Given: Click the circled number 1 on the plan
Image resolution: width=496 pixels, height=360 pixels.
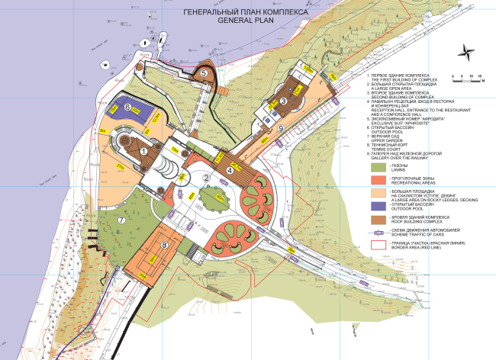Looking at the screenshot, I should (x=143, y=151).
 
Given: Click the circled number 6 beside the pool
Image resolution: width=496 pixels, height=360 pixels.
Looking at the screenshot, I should (x=127, y=108).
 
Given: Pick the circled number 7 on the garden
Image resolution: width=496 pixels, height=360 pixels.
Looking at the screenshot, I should (x=121, y=220).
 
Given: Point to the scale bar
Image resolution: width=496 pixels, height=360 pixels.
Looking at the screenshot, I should (x=464, y=78).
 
